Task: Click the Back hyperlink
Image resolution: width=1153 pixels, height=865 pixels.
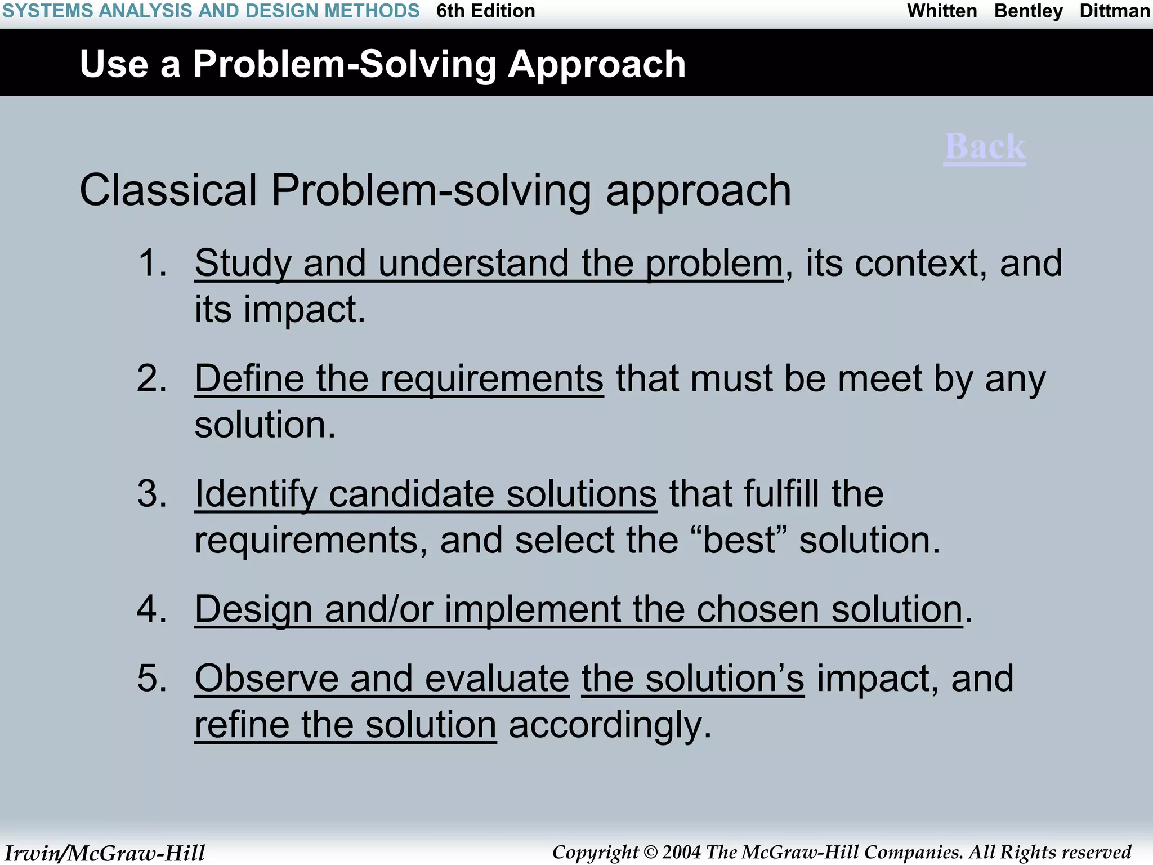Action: pyautogui.click(x=985, y=147)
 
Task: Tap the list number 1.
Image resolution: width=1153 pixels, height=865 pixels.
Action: pyautogui.click(x=152, y=263)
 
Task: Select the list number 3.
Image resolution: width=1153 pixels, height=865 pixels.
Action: pyautogui.click(x=152, y=494)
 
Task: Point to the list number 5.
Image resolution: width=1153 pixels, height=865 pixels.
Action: pyautogui.click(x=152, y=678)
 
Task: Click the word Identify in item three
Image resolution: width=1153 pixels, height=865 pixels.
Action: pyautogui.click(x=256, y=494)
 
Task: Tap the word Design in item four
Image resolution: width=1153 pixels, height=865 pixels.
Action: pyautogui.click(x=253, y=609)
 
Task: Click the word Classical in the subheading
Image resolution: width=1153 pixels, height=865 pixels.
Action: pyautogui.click(x=168, y=190)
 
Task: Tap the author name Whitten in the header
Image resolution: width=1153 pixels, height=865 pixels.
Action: pyautogui.click(x=942, y=11)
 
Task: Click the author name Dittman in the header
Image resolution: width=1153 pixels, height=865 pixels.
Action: pyautogui.click(x=1115, y=11)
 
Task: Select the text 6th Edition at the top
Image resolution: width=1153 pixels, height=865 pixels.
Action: pyautogui.click(x=485, y=11)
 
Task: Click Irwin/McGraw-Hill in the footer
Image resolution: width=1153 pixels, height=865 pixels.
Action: pyautogui.click(x=105, y=853)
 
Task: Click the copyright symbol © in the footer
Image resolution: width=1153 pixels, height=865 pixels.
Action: pyautogui.click(x=650, y=853)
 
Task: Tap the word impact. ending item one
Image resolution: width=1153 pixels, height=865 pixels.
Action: pyautogui.click(x=304, y=309)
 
